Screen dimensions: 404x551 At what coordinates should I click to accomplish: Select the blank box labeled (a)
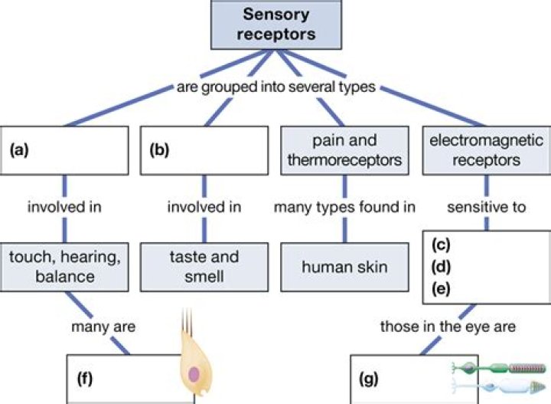[x=65, y=150]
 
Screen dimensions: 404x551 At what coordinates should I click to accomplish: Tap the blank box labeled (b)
[x=204, y=150]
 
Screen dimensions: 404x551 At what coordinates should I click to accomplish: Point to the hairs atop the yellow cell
[x=188, y=322]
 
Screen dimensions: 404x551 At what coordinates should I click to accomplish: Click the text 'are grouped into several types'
[x=275, y=87]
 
